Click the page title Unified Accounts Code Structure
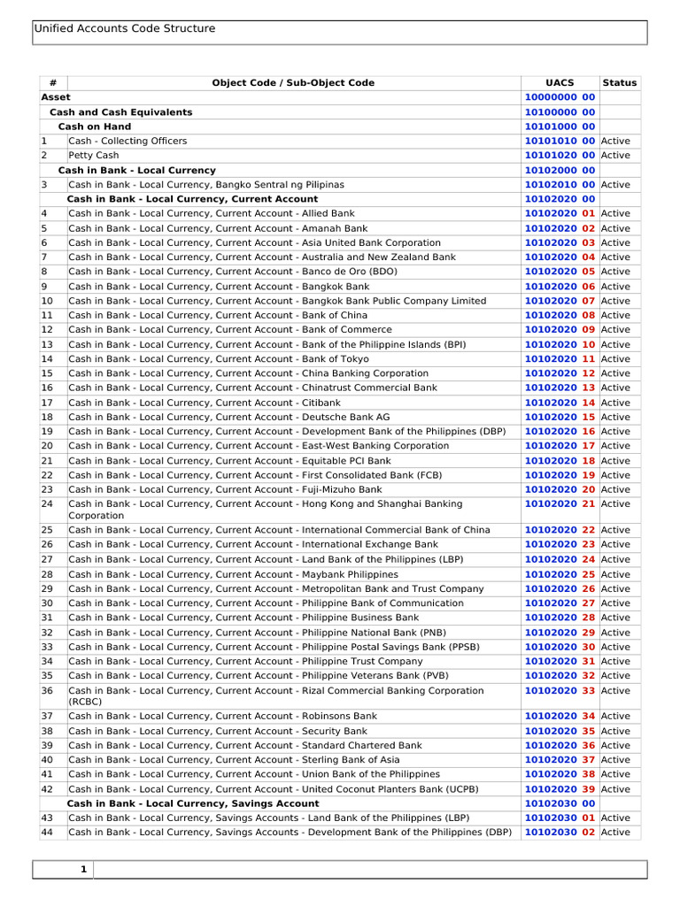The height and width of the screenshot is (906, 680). [x=124, y=29]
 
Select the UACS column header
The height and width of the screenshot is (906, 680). [x=560, y=83]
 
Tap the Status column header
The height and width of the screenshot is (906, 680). [x=619, y=83]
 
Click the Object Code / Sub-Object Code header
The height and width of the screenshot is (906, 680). [x=293, y=83]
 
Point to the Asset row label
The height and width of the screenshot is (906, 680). [x=56, y=97]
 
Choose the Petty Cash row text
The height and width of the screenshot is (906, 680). [x=93, y=156]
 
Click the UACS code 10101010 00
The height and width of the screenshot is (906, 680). [x=560, y=142]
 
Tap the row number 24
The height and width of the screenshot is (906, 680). [x=47, y=504]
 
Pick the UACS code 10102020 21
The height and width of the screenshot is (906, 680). [x=560, y=504]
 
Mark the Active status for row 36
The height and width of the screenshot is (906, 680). [x=615, y=691]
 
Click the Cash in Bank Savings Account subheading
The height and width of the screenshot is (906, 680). [x=193, y=803]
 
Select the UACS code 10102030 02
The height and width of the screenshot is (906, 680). [x=560, y=833]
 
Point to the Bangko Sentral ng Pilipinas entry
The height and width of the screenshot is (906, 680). [x=206, y=185]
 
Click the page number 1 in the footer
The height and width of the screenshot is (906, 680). [x=83, y=870]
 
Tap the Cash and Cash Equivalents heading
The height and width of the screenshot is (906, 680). [x=120, y=112]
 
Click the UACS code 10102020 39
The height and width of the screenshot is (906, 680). [x=560, y=789]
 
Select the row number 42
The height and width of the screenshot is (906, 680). [x=47, y=789]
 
